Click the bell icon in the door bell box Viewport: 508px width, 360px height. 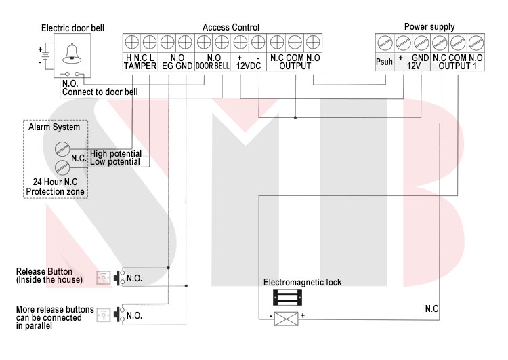point(72,54)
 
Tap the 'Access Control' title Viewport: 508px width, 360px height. point(231,27)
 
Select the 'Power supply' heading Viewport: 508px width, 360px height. point(429,27)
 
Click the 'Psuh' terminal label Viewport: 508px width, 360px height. point(384,62)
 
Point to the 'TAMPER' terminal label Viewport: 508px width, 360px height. point(140,66)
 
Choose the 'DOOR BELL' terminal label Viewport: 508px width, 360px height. point(213,66)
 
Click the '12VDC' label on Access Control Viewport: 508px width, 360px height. point(249,66)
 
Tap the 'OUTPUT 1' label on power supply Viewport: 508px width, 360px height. point(457,66)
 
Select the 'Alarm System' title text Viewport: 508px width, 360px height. point(54,127)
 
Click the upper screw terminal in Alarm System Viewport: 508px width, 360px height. point(62,149)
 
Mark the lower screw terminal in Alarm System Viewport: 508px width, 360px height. point(62,167)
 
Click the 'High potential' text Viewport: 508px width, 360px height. point(116,153)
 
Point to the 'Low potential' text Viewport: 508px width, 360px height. point(115,162)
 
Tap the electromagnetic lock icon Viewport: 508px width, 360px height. point(287,298)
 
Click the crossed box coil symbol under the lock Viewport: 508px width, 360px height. point(286,319)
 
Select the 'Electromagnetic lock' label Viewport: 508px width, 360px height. point(302,283)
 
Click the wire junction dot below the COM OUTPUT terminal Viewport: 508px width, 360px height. point(295,117)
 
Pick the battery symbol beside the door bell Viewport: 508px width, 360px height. point(45,56)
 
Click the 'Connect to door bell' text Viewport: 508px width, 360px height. point(100,92)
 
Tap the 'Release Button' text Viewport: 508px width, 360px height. point(44,271)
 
